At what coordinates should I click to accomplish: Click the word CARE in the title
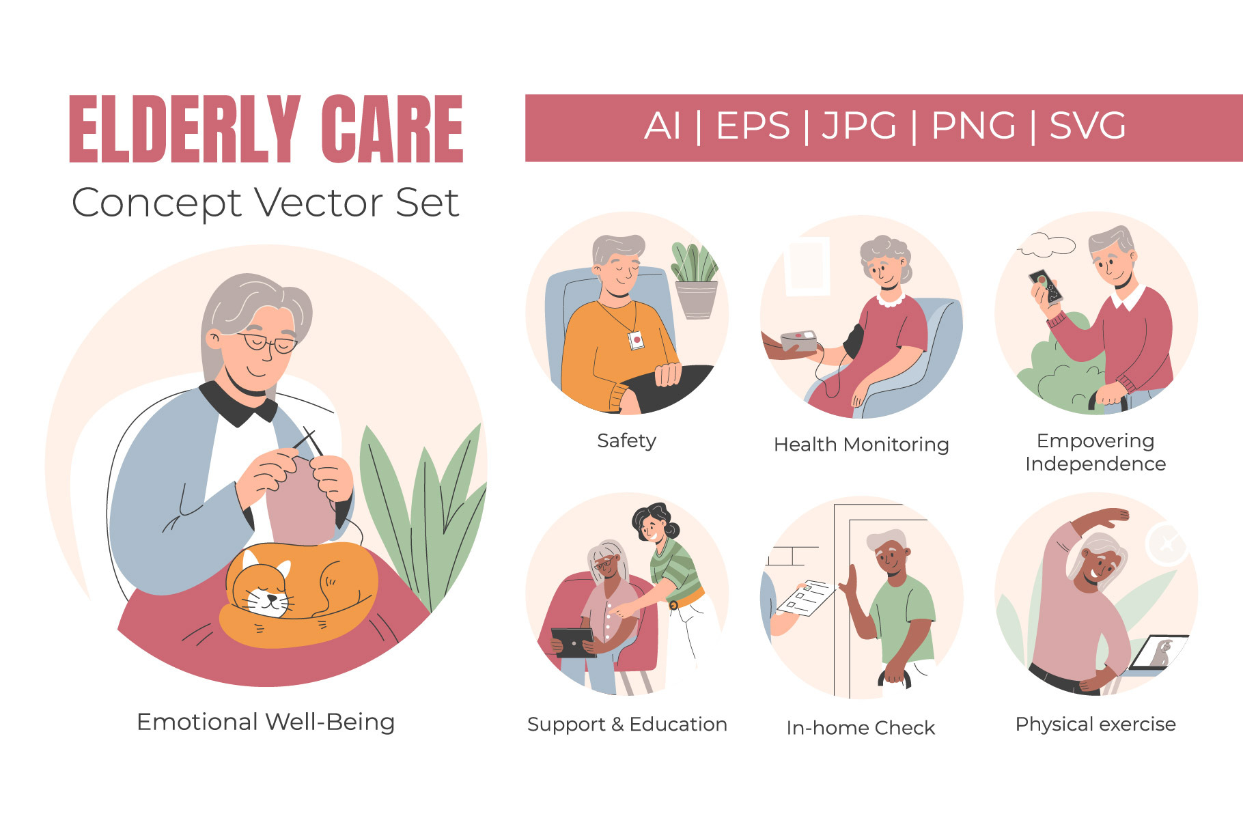coord(392,129)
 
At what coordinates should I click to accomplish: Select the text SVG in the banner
coord(1087,126)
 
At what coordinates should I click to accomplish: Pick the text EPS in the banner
coord(753,126)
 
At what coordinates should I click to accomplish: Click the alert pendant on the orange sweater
coord(636,339)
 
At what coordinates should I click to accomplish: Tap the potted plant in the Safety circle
coord(695,280)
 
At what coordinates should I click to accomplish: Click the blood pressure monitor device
coord(799,341)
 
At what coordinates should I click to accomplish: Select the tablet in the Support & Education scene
coord(573,642)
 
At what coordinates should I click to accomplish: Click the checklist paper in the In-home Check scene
coord(806,597)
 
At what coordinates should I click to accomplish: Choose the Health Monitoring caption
coord(861,445)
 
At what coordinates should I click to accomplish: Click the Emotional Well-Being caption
coord(266,722)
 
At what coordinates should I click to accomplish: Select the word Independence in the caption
coord(1095,464)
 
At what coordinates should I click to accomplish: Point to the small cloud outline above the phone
coord(1046,244)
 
